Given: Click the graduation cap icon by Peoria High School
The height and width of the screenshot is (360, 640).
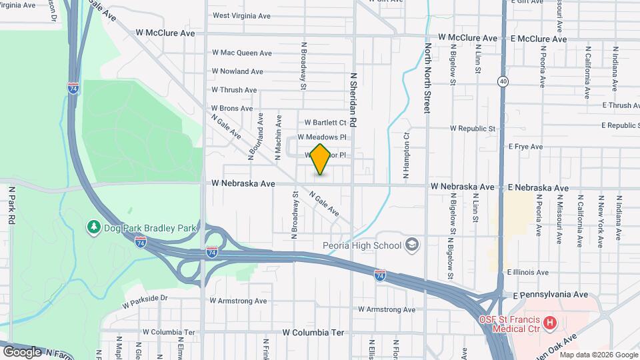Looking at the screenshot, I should point(411,245).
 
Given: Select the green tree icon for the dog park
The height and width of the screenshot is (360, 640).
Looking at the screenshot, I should point(94,228).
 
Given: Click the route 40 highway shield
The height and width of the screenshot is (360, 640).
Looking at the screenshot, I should point(502,81).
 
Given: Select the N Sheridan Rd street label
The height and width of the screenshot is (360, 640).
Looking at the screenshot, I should point(354,100).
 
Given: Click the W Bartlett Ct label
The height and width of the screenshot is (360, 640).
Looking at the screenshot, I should point(325,123).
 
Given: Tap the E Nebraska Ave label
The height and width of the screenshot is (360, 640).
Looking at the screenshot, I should point(536,188).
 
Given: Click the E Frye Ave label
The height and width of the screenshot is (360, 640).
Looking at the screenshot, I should point(526,147).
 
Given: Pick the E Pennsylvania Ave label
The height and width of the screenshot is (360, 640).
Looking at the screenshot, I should point(550,294).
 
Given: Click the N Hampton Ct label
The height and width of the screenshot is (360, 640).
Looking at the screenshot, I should point(405,155).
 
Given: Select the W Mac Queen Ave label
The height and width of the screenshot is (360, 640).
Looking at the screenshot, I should point(242,53).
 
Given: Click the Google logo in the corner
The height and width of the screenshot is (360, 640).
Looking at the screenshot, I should point(22,351).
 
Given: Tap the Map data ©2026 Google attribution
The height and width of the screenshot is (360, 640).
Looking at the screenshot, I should point(597,354).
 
